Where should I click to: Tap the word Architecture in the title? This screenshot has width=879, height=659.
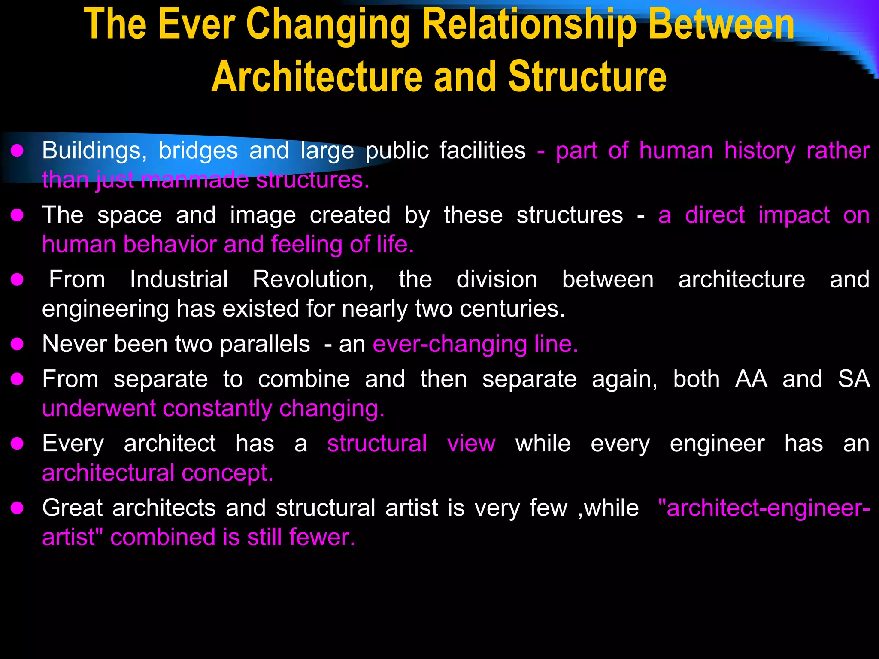(x=317, y=77)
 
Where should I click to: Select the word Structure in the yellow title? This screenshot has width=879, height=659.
(x=587, y=77)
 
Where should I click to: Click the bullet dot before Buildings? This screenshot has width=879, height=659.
(x=17, y=151)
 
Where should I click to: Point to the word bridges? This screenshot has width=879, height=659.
(x=198, y=151)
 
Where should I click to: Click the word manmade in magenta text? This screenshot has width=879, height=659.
(x=195, y=180)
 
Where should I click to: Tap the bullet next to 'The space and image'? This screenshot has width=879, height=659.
(x=17, y=215)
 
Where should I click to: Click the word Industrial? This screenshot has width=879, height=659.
(x=179, y=279)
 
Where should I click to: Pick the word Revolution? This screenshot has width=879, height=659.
(x=313, y=279)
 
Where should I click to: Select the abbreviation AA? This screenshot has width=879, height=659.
(x=751, y=379)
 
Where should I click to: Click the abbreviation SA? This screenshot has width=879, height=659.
(x=854, y=379)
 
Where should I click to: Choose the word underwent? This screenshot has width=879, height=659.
(x=99, y=408)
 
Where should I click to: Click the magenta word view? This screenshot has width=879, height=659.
(x=471, y=444)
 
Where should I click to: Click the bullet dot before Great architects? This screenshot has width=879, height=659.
(x=17, y=508)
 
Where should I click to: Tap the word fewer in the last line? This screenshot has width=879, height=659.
(x=322, y=537)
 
